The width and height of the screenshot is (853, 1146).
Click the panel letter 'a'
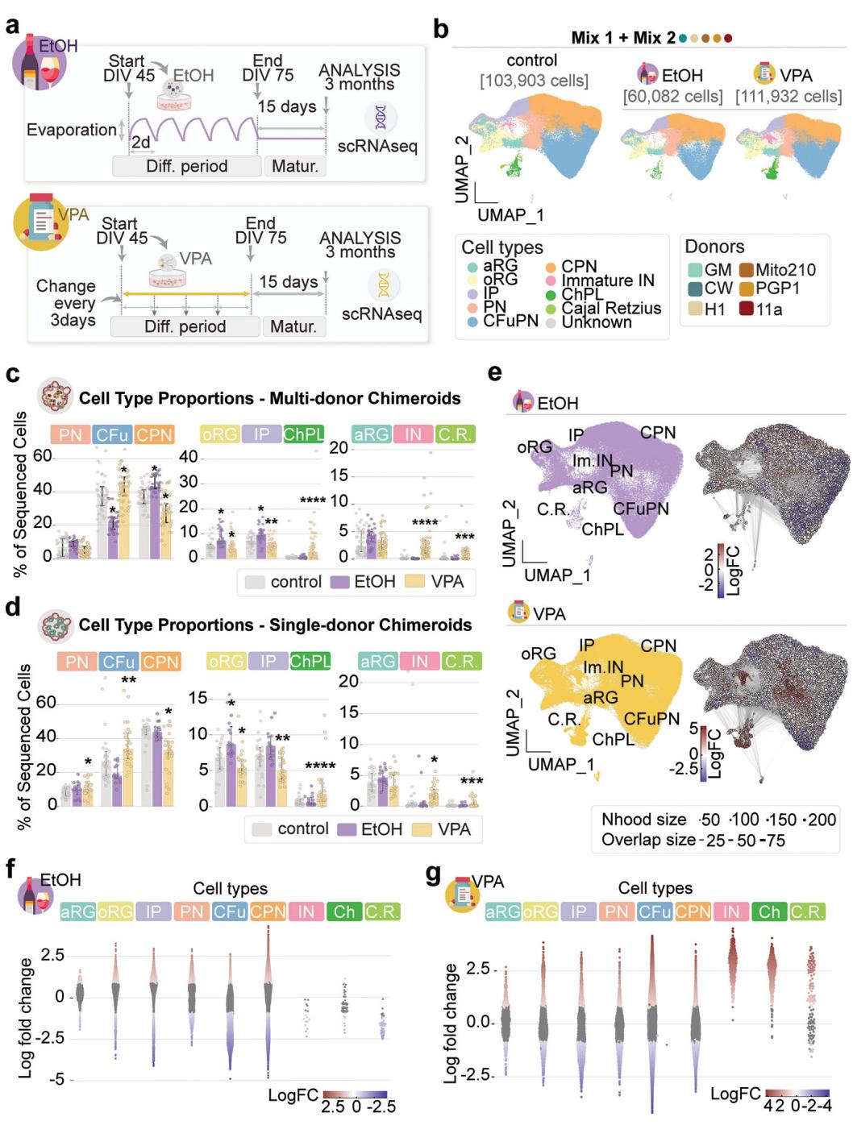(12, 25)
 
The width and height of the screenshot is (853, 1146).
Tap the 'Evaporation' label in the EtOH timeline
(71, 130)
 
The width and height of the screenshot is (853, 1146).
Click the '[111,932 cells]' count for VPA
(788, 96)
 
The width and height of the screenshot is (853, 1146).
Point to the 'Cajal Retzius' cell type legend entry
(611, 308)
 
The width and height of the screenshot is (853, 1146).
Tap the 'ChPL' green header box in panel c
(303, 434)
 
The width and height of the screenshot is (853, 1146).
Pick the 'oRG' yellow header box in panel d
(226, 661)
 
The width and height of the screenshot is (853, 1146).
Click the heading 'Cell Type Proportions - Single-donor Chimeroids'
(275, 625)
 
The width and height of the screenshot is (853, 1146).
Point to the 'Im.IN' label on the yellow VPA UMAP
(603, 667)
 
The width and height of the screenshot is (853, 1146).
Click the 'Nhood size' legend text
(643, 820)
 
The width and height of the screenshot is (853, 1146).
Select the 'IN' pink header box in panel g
(730, 911)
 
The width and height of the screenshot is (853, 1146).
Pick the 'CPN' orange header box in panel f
(268, 911)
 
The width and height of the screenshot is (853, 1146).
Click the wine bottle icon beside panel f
(34, 893)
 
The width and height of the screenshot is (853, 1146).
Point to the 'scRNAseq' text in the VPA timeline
(381, 313)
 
